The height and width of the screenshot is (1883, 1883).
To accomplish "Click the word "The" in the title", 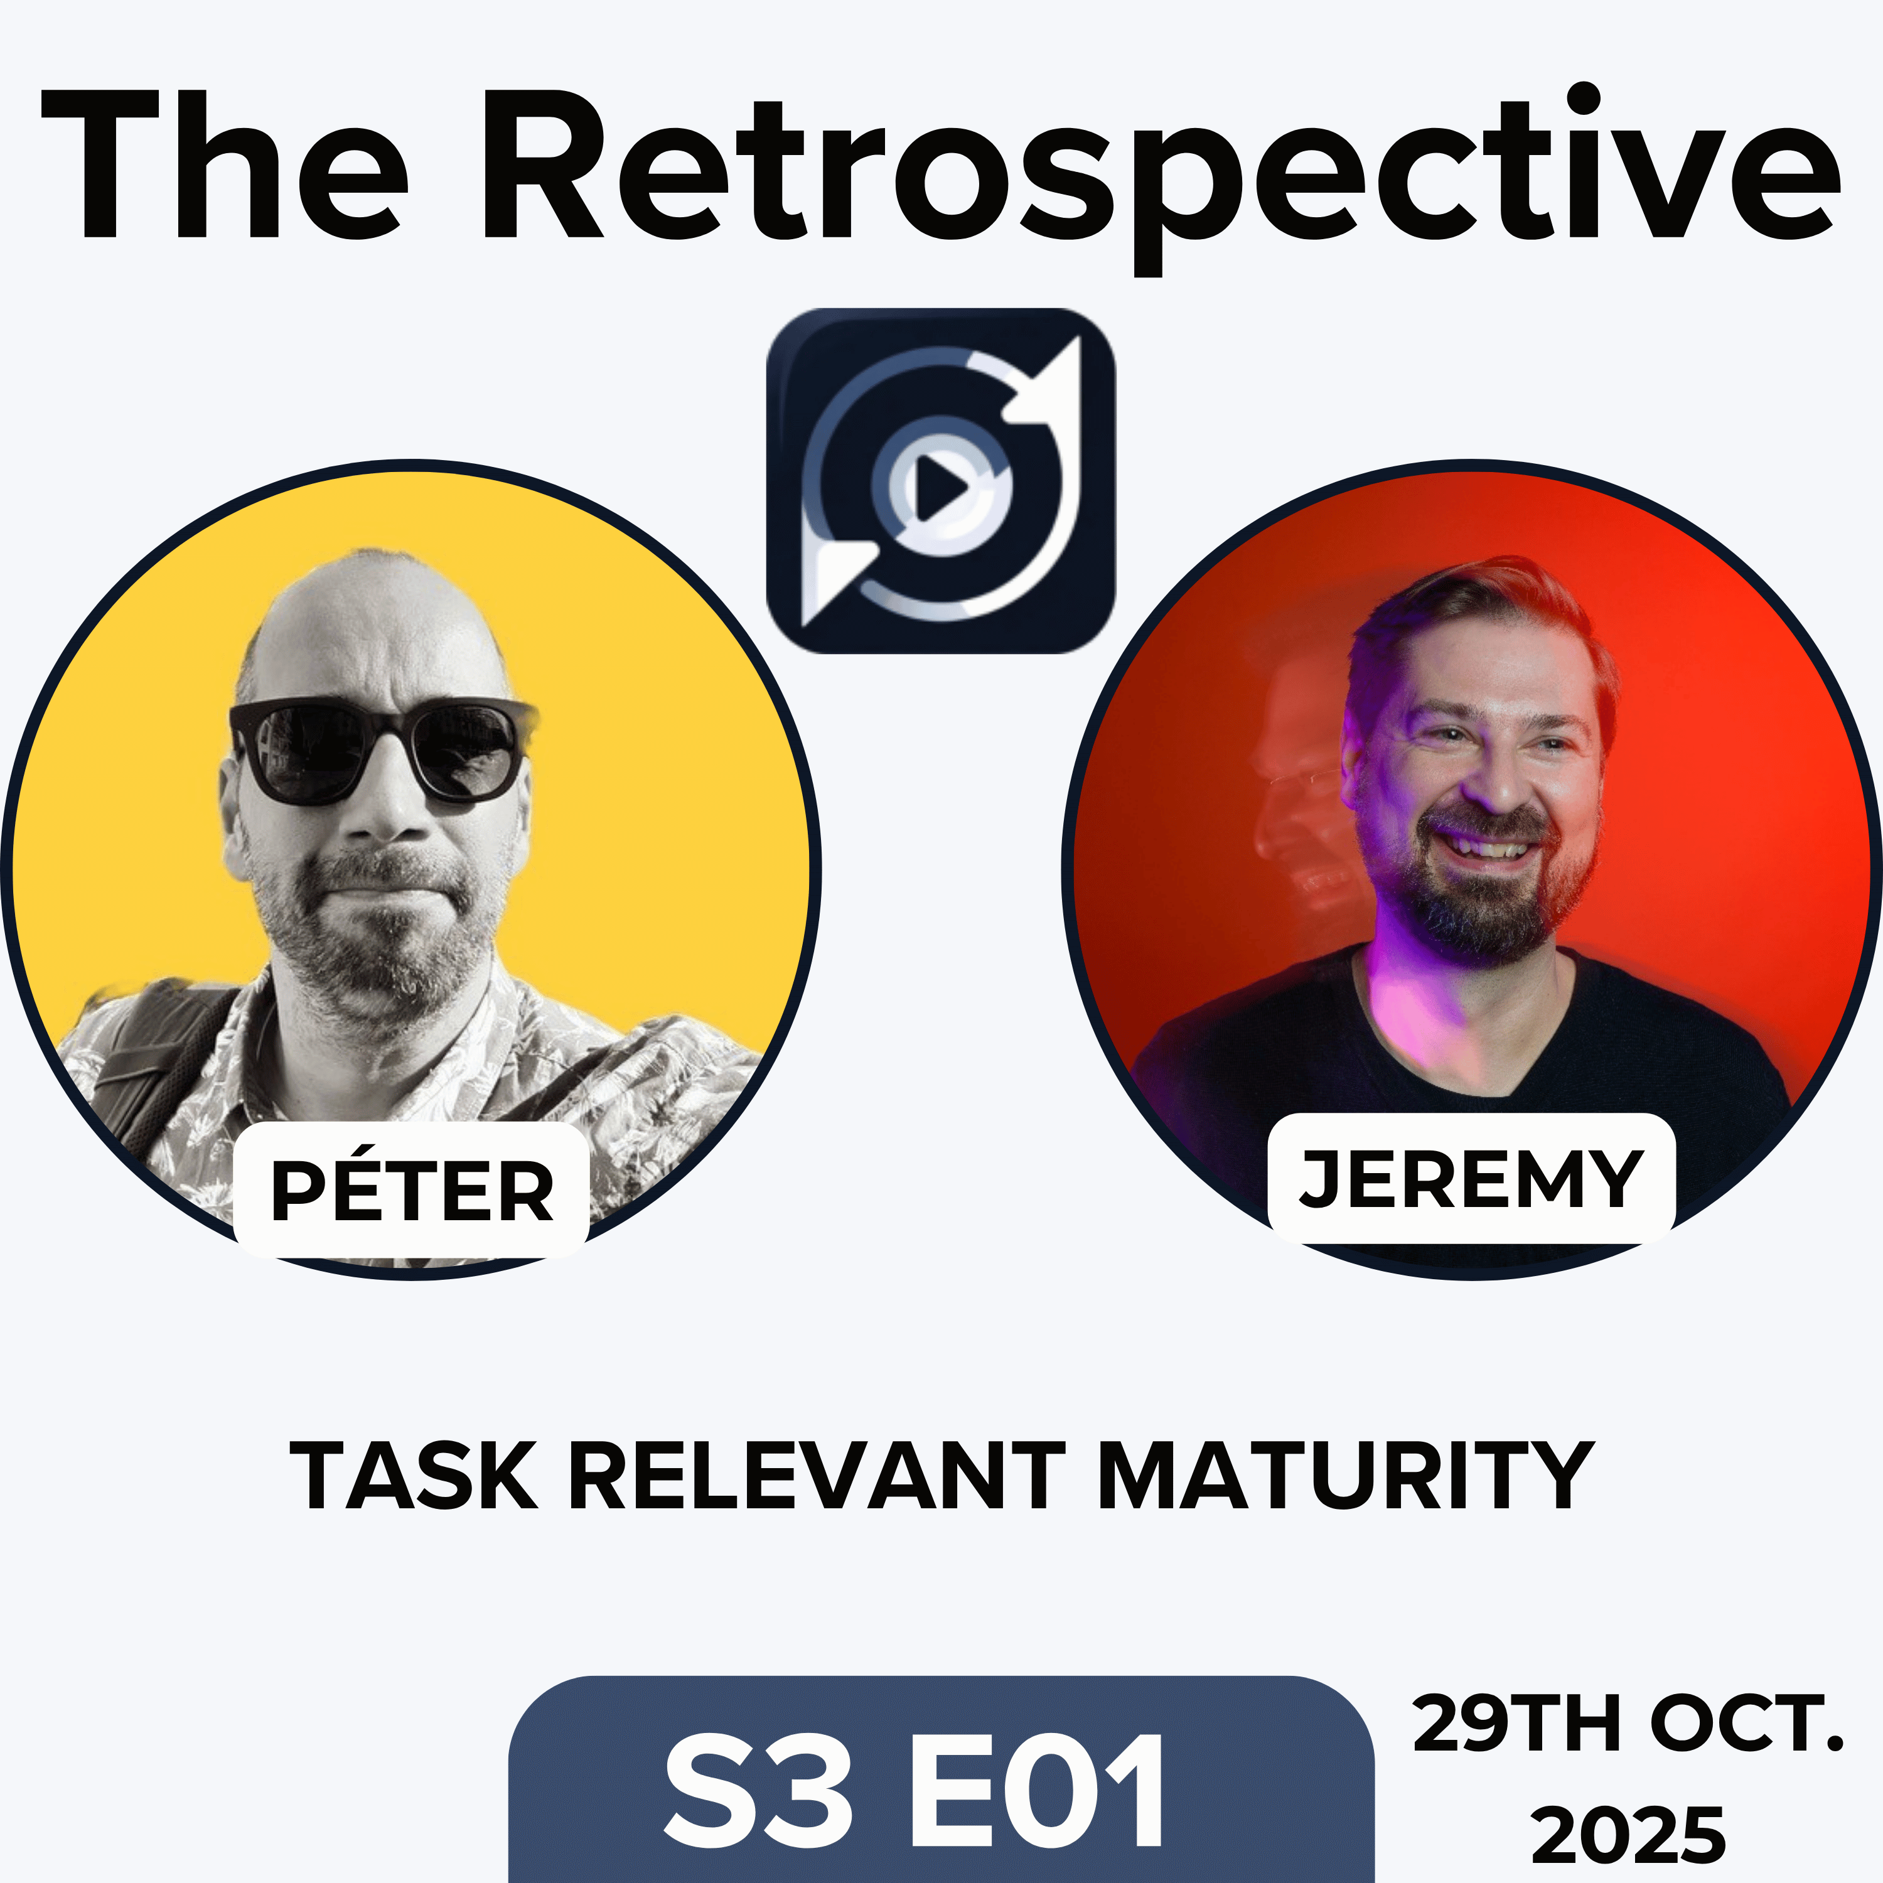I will [224, 166].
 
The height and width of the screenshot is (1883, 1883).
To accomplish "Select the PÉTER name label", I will [411, 1191].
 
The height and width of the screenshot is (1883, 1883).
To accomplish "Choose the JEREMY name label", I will [1472, 1179].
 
